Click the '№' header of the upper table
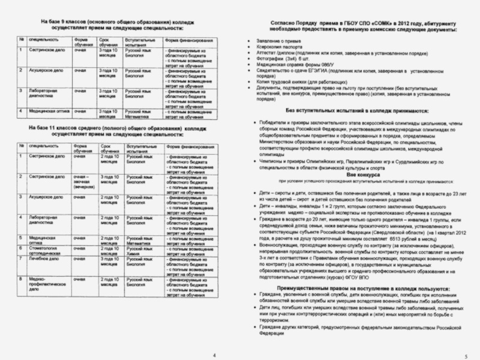coord(22,40)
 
